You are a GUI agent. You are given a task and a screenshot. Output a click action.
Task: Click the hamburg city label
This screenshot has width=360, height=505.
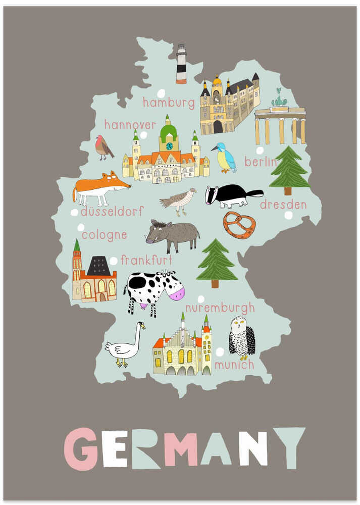click(168, 103)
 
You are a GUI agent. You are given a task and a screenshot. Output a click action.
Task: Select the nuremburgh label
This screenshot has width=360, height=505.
click(220, 308)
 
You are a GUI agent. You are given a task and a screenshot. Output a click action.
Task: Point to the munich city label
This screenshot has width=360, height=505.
click(234, 364)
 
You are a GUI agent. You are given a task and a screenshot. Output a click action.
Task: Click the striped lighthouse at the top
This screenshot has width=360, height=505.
click(181, 64)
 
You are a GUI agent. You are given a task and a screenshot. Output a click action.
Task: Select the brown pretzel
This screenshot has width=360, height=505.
click(239, 225)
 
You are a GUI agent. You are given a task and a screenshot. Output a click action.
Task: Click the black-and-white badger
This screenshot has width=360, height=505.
click(231, 195)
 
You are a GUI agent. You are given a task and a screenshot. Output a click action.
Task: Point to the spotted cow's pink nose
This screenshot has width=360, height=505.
click(177, 292)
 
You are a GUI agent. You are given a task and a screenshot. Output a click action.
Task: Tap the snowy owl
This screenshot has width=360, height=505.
click(242, 337)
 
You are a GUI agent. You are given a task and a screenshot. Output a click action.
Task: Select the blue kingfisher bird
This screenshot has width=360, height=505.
click(224, 157)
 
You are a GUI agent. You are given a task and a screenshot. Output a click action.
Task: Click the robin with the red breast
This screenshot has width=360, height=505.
click(104, 147)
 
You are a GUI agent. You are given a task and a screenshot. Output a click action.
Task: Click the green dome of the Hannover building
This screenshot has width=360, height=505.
click(168, 132)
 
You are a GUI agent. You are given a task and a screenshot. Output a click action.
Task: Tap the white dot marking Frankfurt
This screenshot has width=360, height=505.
click(114, 261)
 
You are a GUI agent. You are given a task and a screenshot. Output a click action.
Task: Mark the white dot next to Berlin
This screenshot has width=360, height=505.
click(260, 150)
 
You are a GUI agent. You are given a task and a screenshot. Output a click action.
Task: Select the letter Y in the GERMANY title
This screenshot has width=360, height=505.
click(289, 447)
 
